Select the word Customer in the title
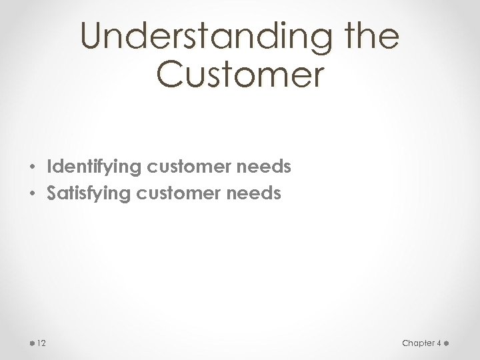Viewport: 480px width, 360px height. click(x=240, y=75)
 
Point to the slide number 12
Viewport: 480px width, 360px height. click(x=41, y=343)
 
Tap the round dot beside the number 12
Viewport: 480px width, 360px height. click(x=33, y=343)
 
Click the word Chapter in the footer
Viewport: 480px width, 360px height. click(x=418, y=343)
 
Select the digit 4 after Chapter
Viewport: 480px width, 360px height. click(x=439, y=343)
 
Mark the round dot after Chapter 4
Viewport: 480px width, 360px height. click(x=447, y=343)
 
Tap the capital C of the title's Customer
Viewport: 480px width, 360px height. click(x=171, y=75)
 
